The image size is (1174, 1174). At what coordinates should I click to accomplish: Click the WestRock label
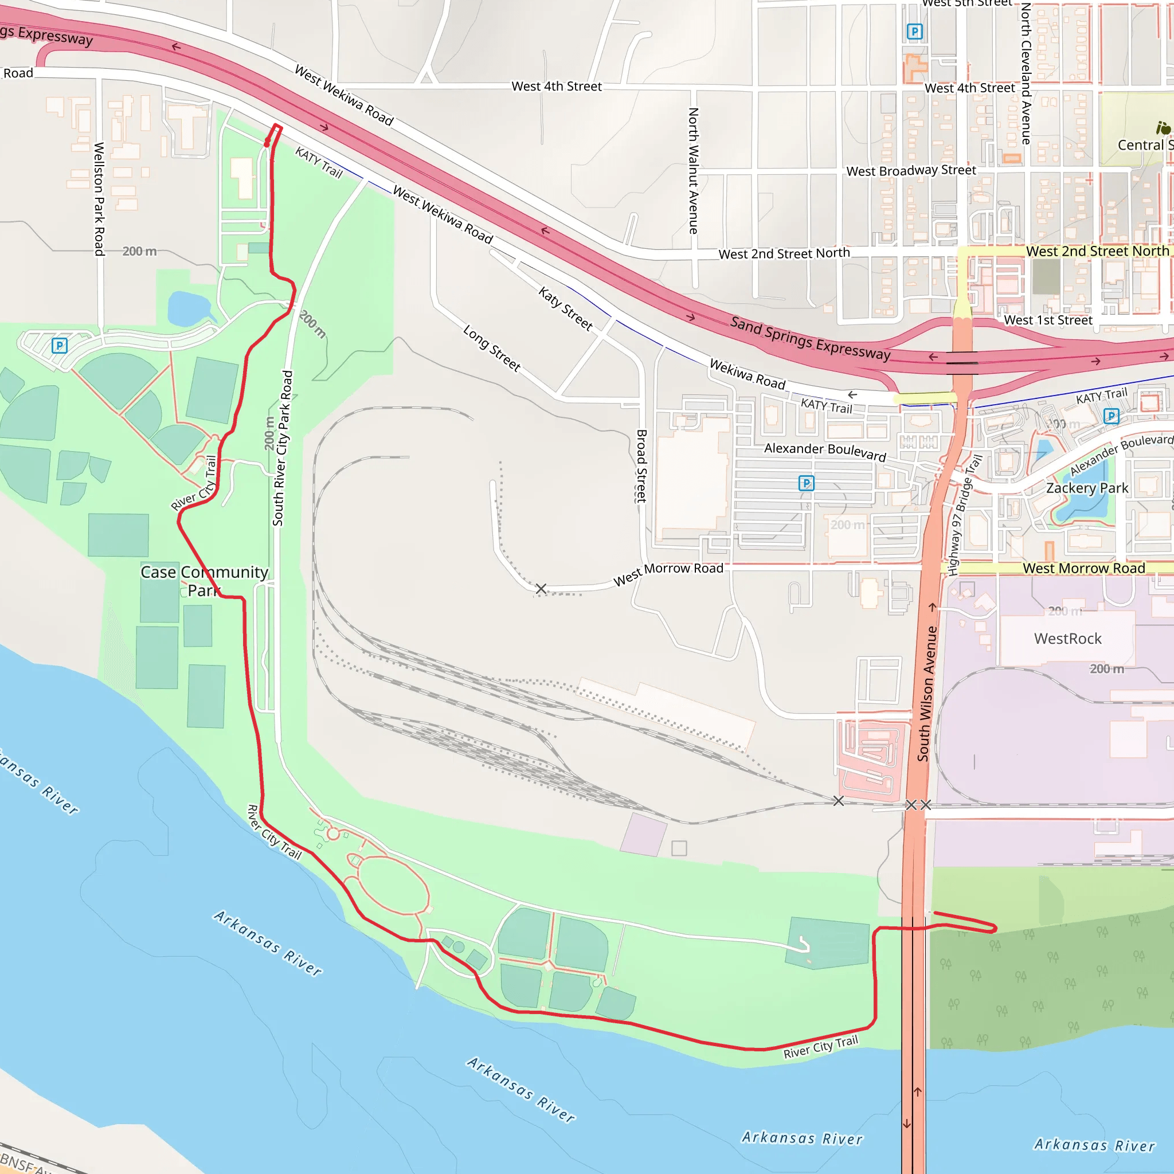pyautogui.click(x=1067, y=639)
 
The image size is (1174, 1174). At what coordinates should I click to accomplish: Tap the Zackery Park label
pyautogui.click(x=1086, y=488)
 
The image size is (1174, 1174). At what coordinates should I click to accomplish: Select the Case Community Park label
pyautogui.click(x=204, y=581)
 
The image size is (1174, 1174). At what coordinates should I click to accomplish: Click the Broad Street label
pyautogui.click(x=641, y=466)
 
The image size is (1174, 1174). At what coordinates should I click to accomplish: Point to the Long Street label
pyautogui.click(x=492, y=347)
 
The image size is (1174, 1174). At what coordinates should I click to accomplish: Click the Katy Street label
pyautogui.click(x=565, y=309)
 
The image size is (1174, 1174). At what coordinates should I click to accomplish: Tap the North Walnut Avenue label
pyautogui.click(x=694, y=171)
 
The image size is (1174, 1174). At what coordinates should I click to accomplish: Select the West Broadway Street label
pyautogui.click(x=911, y=171)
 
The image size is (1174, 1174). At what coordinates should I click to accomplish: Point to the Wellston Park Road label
pyautogui.click(x=99, y=199)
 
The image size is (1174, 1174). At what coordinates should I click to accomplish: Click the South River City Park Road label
pyautogui.click(x=282, y=448)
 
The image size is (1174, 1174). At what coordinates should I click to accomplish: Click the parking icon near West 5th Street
pyautogui.click(x=914, y=32)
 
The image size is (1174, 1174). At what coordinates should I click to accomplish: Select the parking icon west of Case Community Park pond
pyautogui.click(x=60, y=346)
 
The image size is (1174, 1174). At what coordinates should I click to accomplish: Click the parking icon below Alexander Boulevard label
pyautogui.click(x=806, y=483)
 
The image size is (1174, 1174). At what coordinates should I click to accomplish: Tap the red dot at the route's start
pyautogui.click(x=267, y=143)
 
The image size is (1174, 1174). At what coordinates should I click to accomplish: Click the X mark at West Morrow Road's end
pyautogui.click(x=541, y=588)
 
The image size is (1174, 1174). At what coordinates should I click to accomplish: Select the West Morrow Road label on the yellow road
pyautogui.click(x=1083, y=568)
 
